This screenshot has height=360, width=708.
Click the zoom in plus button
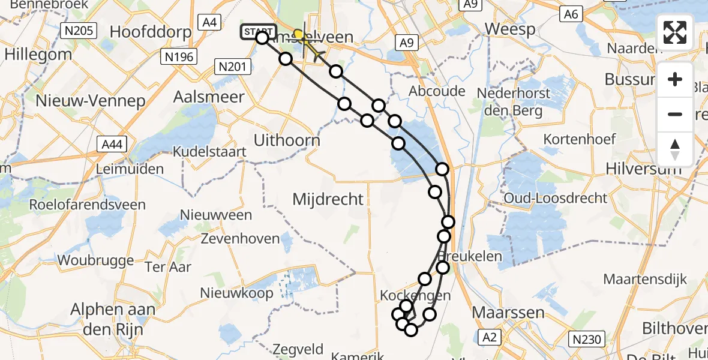pyautogui.click(x=675, y=80)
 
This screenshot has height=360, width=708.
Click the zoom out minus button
pyautogui.click(x=675, y=114)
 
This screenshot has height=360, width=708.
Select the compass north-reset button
pyautogui.click(x=675, y=149)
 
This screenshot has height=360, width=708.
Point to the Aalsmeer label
pyautogui.click(x=209, y=97)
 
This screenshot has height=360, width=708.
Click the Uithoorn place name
pyautogui.click(x=287, y=140)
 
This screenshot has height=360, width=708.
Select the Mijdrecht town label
pyautogui.click(x=328, y=199)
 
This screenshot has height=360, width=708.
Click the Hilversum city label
pyautogui.click(x=644, y=169)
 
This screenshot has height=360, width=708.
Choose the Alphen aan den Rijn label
pyautogui.click(x=113, y=320)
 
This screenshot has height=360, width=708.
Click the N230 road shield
pyautogui.click(x=586, y=340)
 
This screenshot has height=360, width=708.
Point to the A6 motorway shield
pyautogui.click(x=571, y=14)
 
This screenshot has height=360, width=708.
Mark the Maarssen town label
pyautogui.click(x=500, y=313)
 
